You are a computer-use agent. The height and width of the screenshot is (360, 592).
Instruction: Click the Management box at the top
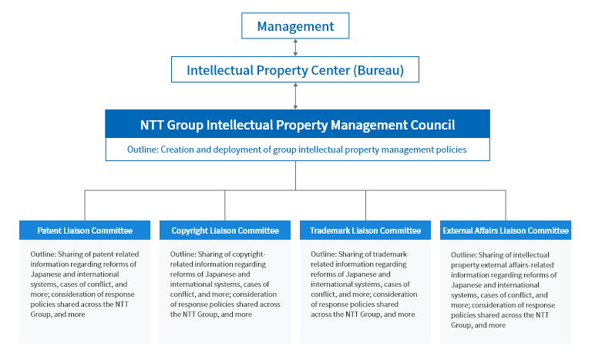pyautogui.click(x=295, y=25)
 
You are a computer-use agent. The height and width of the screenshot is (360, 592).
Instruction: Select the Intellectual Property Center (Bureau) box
pyautogui.click(x=295, y=69)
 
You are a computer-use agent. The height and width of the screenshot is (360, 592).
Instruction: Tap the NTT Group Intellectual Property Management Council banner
pyautogui.click(x=298, y=124)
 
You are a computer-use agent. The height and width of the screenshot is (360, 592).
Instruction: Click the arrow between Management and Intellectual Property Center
pyautogui.click(x=295, y=48)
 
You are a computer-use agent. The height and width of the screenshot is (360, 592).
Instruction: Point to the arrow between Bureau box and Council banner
pyautogui.click(x=295, y=96)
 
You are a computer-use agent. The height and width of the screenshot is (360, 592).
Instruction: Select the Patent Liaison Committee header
pyautogui.click(x=85, y=230)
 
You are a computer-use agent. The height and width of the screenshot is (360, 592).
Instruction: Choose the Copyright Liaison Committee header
pyautogui.click(x=225, y=230)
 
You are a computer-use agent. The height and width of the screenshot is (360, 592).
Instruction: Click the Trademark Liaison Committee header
pyautogui.click(x=365, y=230)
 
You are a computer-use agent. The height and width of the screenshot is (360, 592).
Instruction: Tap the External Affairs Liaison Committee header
pyautogui.click(x=506, y=230)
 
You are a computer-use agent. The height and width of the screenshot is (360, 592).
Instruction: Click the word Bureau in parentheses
pyautogui.click(x=378, y=70)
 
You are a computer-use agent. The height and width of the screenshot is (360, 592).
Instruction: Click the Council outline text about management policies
pyautogui.click(x=297, y=150)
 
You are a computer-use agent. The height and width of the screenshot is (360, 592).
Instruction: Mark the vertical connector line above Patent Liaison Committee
pyautogui.click(x=85, y=206)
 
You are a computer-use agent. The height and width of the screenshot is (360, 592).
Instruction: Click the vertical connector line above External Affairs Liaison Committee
pyautogui.click(x=506, y=206)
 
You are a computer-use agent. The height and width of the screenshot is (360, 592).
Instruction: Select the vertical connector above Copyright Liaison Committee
pyautogui.click(x=224, y=206)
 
